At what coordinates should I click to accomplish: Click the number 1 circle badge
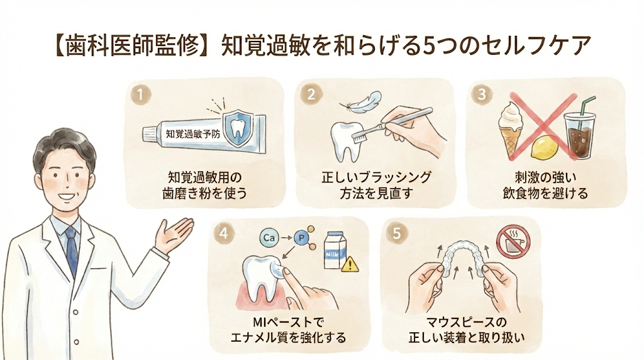140,94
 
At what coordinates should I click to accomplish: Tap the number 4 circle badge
224,233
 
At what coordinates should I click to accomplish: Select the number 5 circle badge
396,233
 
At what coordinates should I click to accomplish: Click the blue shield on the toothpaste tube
238,128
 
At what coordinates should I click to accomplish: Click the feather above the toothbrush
362,103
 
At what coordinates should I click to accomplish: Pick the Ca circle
269,237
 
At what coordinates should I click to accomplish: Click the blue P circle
301,238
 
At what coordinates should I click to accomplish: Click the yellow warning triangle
350,264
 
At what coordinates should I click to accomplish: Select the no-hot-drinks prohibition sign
513,242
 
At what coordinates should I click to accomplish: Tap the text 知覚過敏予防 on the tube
193,133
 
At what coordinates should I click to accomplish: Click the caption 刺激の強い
546,177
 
